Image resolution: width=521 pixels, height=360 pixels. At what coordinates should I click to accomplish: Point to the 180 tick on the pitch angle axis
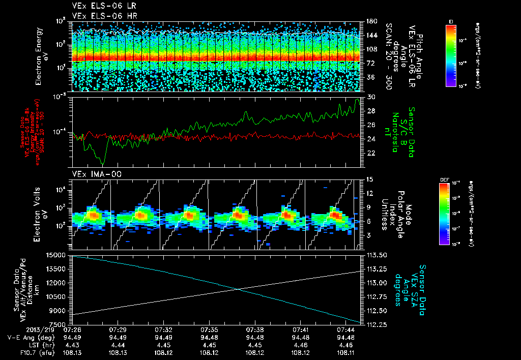click(370, 21)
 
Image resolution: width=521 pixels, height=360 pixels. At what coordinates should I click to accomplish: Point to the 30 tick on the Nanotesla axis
click(370, 97)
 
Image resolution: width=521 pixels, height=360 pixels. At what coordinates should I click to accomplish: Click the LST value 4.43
click(72, 344)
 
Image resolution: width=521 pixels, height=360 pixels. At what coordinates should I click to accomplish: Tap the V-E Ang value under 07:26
click(72, 337)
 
